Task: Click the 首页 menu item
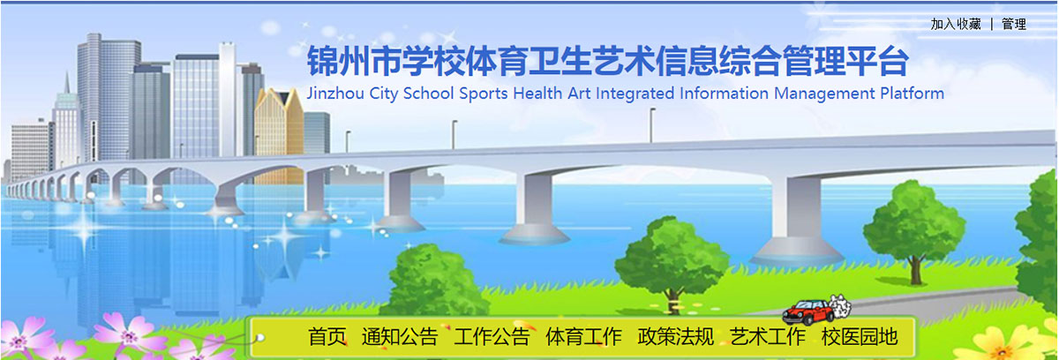327,336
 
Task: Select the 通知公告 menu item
399,336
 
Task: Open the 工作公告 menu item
492,336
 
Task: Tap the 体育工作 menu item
583,336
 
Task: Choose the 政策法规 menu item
675,336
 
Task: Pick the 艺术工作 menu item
768,336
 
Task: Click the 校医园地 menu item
859,336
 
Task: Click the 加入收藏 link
956,25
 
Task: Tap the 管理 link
1014,25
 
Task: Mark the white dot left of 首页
259,336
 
